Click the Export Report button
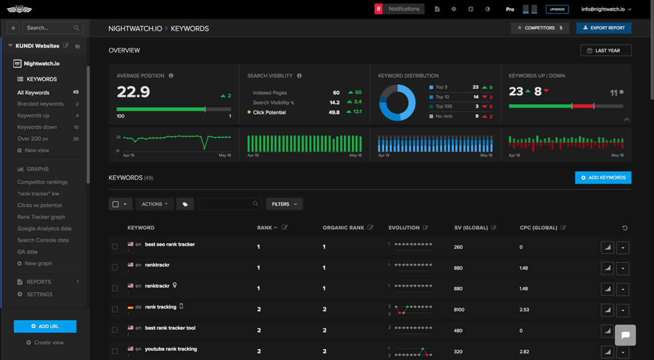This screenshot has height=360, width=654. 604,28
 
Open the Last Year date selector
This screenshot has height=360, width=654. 606,50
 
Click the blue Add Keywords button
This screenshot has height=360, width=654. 603,178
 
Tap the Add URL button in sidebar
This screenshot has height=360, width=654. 45,326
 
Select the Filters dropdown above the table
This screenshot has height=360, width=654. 284,204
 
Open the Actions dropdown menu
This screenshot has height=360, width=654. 154,204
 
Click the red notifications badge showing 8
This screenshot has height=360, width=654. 379,9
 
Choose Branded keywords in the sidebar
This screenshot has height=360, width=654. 40,104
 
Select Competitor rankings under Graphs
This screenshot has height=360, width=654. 42,182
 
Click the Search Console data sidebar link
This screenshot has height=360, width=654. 43,240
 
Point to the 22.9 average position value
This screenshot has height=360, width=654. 133,92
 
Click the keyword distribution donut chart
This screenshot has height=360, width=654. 397,103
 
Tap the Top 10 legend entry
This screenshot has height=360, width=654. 442,97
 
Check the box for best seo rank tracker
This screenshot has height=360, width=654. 115,246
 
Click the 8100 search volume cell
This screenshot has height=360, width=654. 459,310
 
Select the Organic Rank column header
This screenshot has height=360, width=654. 343,228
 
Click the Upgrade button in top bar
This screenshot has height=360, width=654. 557,9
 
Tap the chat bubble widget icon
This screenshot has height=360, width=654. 625,335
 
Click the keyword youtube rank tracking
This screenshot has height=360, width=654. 171,349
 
